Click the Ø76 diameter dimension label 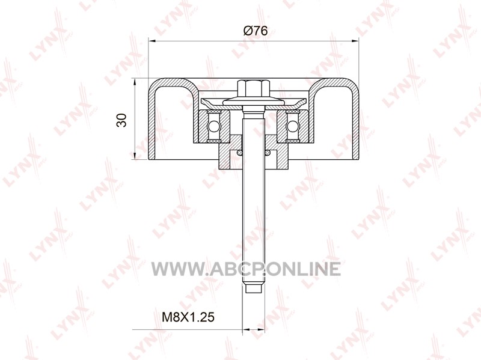255,31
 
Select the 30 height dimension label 122,120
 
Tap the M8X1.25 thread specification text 188,317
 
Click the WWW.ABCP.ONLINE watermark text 246,269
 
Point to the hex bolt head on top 253,87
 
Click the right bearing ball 292,126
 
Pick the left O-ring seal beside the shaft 239,153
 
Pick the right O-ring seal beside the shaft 267,153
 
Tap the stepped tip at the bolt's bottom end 253,288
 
